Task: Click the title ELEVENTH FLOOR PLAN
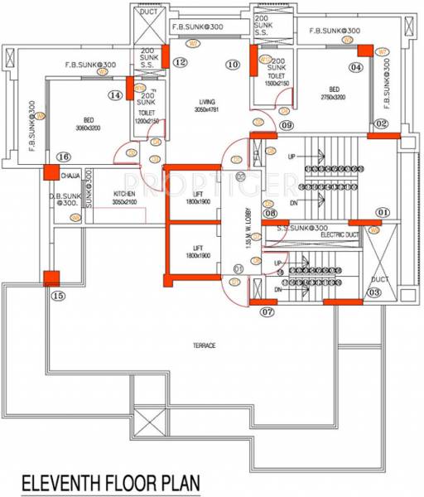pos(110,480)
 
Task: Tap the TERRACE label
pos(204,345)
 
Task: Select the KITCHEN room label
pos(125,195)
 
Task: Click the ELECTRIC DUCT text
pos(342,235)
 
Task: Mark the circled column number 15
pos(57,296)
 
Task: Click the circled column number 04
pos(356,67)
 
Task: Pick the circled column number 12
pos(179,63)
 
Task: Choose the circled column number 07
pos(267,312)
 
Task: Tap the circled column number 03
pos(373,292)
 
